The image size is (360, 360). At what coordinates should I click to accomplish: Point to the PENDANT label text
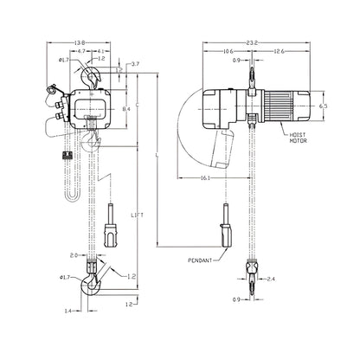[x=200, y=259]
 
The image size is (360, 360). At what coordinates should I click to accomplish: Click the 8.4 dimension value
[x=126, y=108]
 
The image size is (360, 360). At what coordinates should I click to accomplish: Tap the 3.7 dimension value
[x=136, y=65]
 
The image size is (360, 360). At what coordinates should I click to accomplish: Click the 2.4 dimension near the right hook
[x=270, y=280]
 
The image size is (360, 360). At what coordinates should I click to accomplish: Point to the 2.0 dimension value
[x=75, y=256]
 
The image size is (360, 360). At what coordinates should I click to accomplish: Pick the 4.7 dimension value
[x=80, y=52]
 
